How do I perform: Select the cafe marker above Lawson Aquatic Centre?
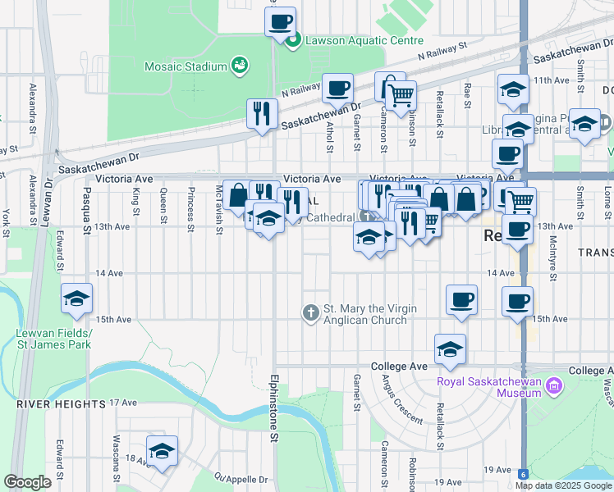280,21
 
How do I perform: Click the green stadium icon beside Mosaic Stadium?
240,65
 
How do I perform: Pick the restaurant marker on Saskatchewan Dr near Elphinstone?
262,113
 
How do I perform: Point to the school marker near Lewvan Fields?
76,298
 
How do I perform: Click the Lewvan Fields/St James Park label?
53,339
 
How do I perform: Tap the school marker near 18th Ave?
162,450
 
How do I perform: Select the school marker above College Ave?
450,348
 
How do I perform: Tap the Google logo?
28,483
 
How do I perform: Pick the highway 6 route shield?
523,473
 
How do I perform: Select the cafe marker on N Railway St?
337,88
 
